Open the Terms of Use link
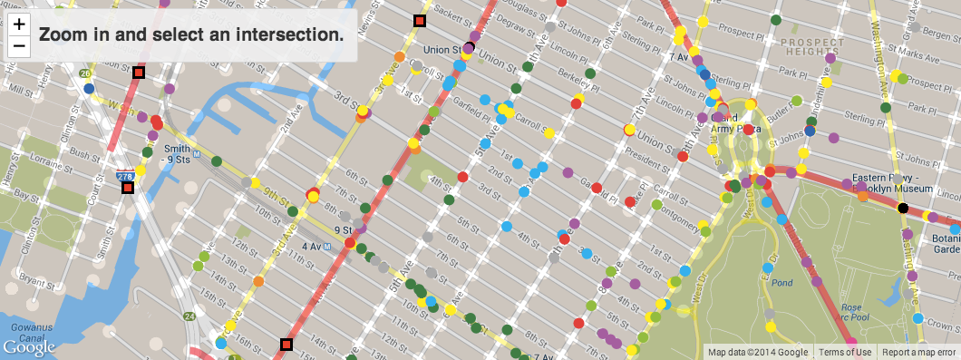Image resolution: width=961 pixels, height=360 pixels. pos(844,353)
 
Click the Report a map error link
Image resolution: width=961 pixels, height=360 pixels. pos(919,353)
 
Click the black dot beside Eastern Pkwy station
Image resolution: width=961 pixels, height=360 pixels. pos(902,209)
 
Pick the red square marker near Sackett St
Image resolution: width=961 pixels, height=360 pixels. pos(419,21)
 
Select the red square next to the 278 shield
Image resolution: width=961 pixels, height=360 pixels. pos(128,188)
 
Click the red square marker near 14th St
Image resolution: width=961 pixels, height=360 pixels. pos(286,344)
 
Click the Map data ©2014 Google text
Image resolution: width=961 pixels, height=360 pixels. pos(757,353)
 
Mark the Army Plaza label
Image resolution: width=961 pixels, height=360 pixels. pos(736,130)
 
